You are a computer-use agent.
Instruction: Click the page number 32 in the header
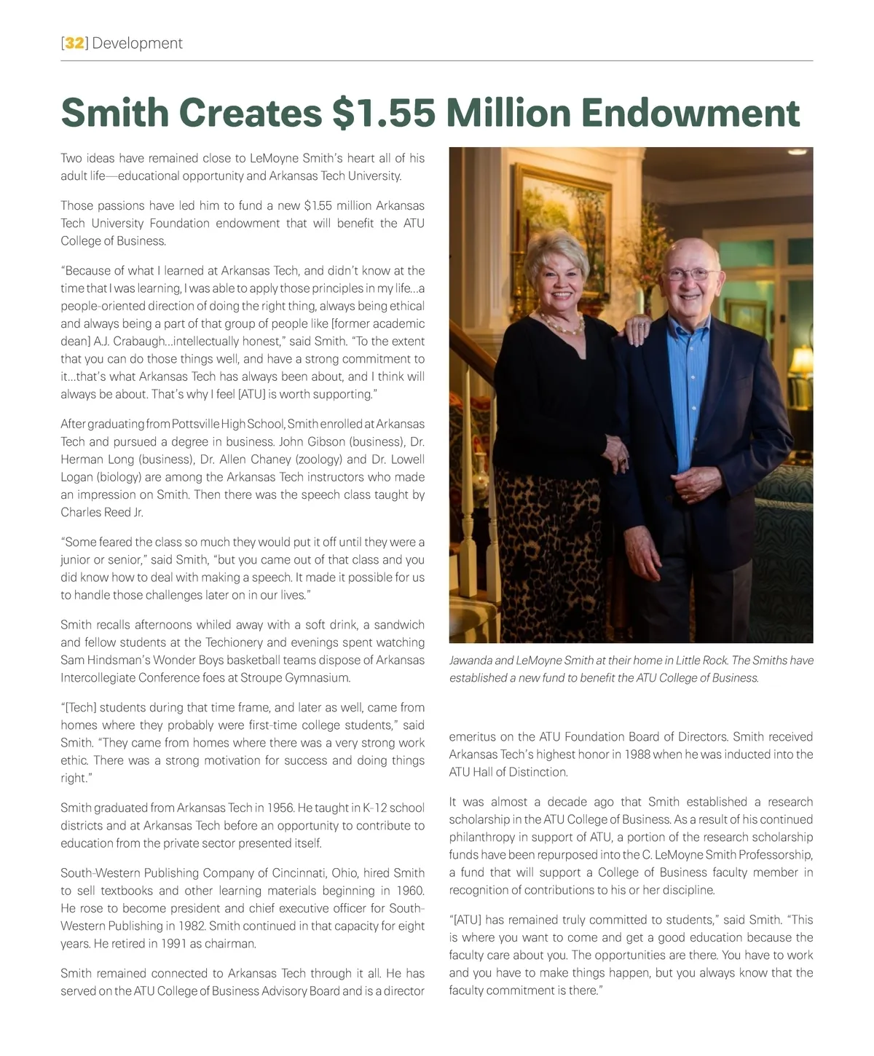pyautogui.click(x=74, y=43)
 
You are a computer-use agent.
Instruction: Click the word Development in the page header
pyautogui.click(x=138, y=43)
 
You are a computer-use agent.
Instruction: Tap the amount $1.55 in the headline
pyautogui.click(x=383, y=112)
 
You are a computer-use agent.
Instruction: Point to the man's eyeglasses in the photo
pyautogui.click(x=689, y=274)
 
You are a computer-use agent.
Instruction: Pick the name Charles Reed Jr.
pyautogui.click(x=102, y=512)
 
